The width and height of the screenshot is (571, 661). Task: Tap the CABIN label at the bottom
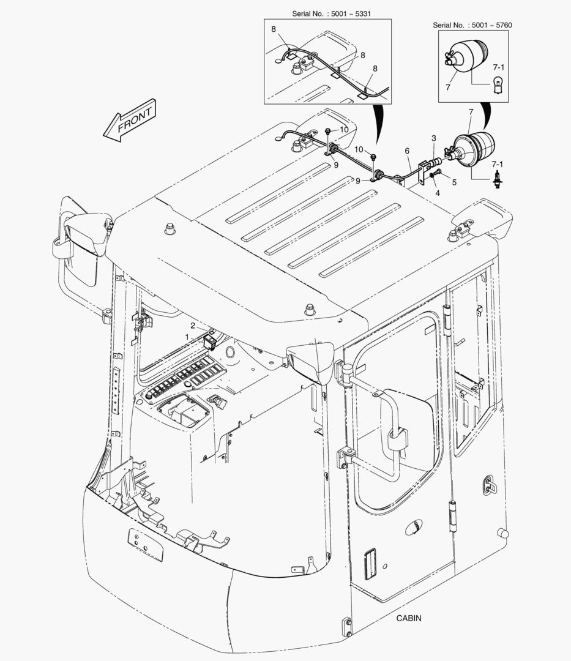(x=408, y=618)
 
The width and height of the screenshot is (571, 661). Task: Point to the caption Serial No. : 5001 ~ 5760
(x=472, y=25)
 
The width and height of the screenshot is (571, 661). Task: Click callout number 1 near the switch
(x=187, y=337)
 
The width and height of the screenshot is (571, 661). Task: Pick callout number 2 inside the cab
(x=192, y=326)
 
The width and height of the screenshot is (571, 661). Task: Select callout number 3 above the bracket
(x=433, y=138)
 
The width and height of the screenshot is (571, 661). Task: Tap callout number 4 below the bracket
(x=438, y=193)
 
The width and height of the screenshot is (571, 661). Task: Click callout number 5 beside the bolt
(x=453, y=182)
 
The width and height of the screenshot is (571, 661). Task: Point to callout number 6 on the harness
(x=407, y=151)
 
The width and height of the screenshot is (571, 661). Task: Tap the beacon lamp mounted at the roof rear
(x=473, y=149)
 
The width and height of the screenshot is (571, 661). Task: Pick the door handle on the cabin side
(x=488, y=485)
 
